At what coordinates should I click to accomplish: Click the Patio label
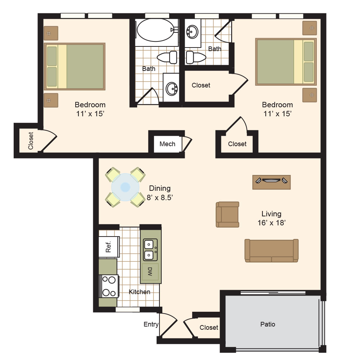pyautogui.click(x=267, y=324)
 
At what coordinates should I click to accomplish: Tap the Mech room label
pyautogui.click(x=167, y=144)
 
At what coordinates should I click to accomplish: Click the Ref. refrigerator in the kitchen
pyautogui.click(x=109, y=247)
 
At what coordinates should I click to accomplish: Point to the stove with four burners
pyautogui.click(x=109, y=286)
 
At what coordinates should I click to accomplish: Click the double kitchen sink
pyautogui.click(x=150, y=250)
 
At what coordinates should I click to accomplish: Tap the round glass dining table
pyautogui.click(x=125, y=187)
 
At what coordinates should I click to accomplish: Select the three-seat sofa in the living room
pyautogui.click(x=271, y=251)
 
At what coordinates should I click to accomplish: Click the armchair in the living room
pyautogui.click(x=227, y=215)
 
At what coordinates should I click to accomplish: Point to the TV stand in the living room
pyautogui.click(x=271, y=182)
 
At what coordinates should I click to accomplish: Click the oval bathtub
pyautogui.click(x=156, y=30)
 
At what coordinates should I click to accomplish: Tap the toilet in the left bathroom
pyautogui.click(x=167, y=57)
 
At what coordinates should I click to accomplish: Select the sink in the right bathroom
pyautogui.click(x=192, y=32)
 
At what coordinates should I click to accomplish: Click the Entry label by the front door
pyautogui.click(x=151, y=324)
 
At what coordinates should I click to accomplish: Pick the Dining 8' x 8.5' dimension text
pyautogui.click(x=160, y=193)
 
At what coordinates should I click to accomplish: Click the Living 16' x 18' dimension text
pyautogui.click(x=271, y=218)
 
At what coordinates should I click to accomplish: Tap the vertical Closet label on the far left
pyautogui.click(x=31, y=141)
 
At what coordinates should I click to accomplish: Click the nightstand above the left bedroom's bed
pyautogui.click(x=51, y=33)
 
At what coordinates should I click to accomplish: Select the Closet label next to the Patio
pyautogui.click(x=209, y=327)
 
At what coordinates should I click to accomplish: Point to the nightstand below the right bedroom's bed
pyautogui.click(x=310, y=95)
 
